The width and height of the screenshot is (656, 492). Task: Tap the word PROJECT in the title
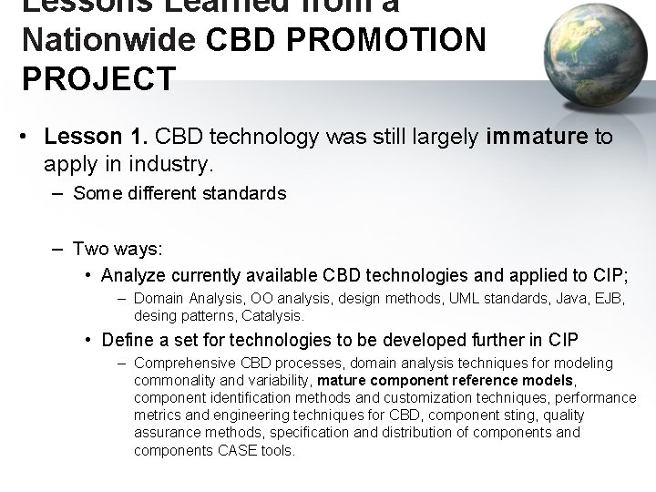click(98, 79)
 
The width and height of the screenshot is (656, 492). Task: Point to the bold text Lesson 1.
click(97, 138)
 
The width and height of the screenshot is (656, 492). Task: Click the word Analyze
click(133, 275)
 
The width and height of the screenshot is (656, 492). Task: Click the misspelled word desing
click(156, 315)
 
